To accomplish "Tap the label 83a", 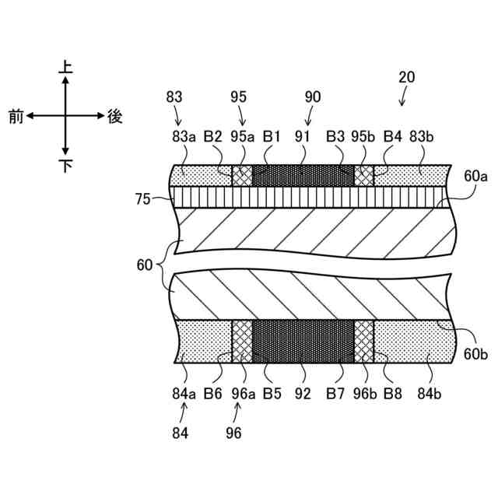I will pyautogui.click(x=184, y=136).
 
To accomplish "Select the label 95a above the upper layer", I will pyautogui.click(x=243, y=136).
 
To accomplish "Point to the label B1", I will pyautogui.click(x=272, y=136).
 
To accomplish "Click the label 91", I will pyautogui.click(x=302, y=136).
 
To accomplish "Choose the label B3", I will pyautogui.click(x=335, y=136).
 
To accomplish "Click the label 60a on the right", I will pyautogui.click(x=475, y=177).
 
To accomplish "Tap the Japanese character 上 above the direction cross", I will pyautogui.click(x=66, y=68).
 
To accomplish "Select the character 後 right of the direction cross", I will pyautogui.click(x=115, y=116).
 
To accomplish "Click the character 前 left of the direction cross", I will pyautogui.click(x=16, y=117).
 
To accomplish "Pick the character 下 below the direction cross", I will pyautogui.click(x=66, y=165).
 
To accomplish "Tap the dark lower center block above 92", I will pyautogui.click(x=304, y=341).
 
